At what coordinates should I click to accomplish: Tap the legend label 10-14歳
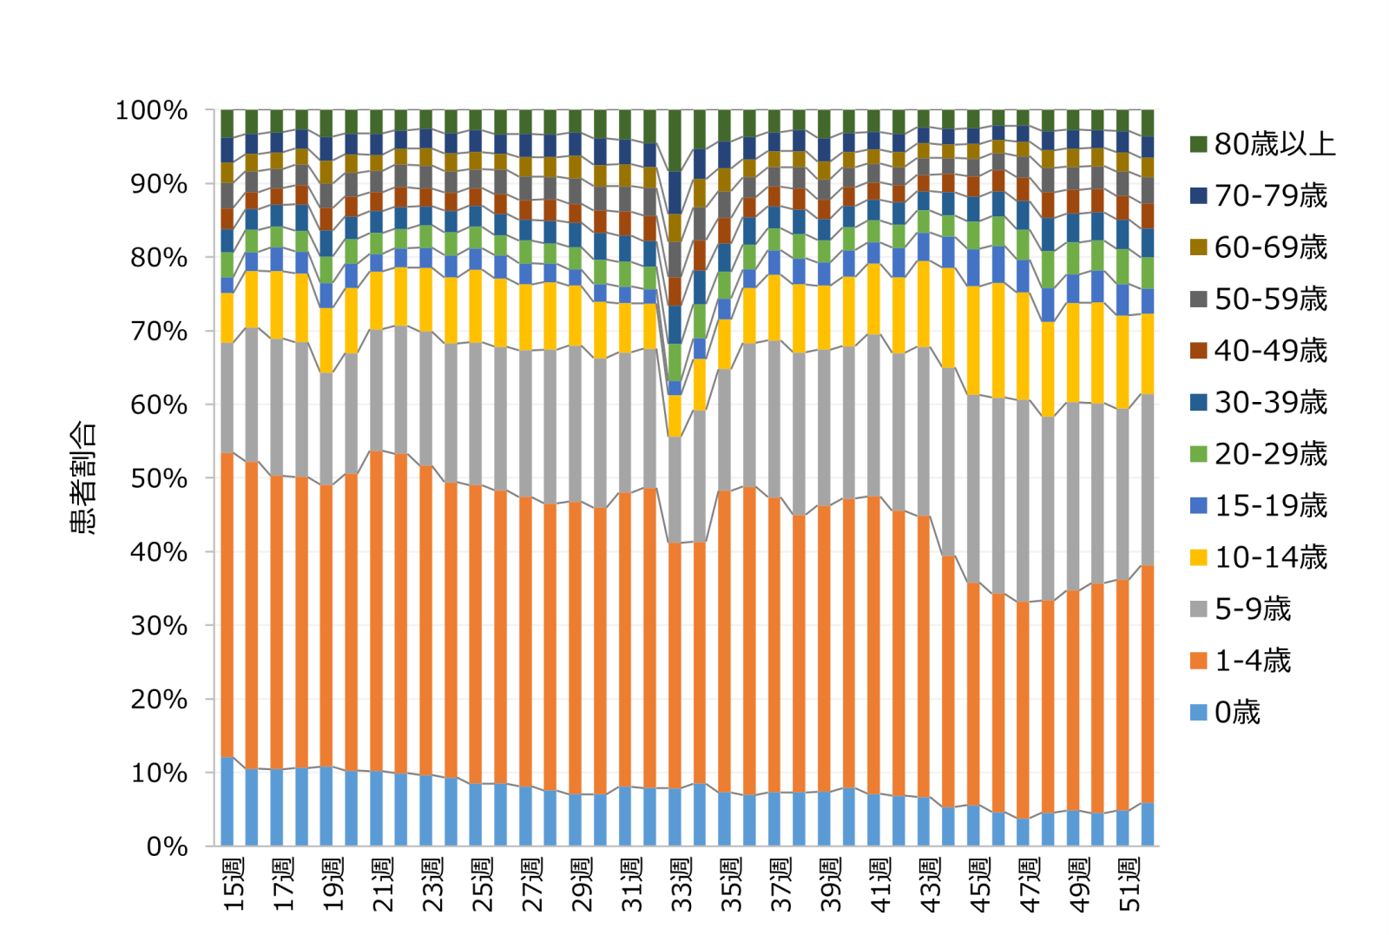click(x=1270, y=557)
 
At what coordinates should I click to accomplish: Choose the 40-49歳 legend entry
click(x=1270, y=351)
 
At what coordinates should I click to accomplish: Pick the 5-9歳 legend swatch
click(x=1199, y=609)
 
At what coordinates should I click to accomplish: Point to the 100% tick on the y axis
click(x=152, y=111)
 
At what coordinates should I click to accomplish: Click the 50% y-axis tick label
click(x=159, y=478)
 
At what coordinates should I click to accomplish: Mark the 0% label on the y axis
click(x=167, y=846)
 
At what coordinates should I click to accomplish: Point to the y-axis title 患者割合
click(x=83, y=477)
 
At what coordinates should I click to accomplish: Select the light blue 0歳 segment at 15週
click(x=227, y=801)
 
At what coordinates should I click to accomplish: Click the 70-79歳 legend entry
click(x=1270, y=196)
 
